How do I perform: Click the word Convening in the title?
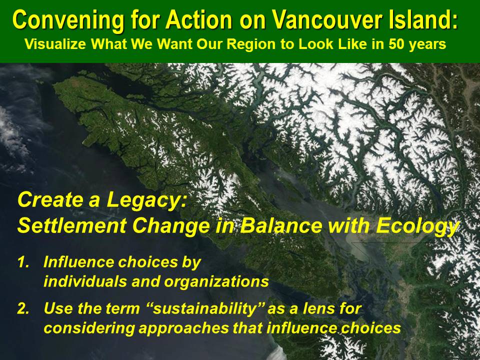[68, 20]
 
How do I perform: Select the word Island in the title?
[423, 19]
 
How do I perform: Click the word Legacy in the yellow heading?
[146, 200]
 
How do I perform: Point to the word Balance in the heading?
[280, 226]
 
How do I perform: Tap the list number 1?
[23, 262]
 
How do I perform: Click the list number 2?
[23, 308]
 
